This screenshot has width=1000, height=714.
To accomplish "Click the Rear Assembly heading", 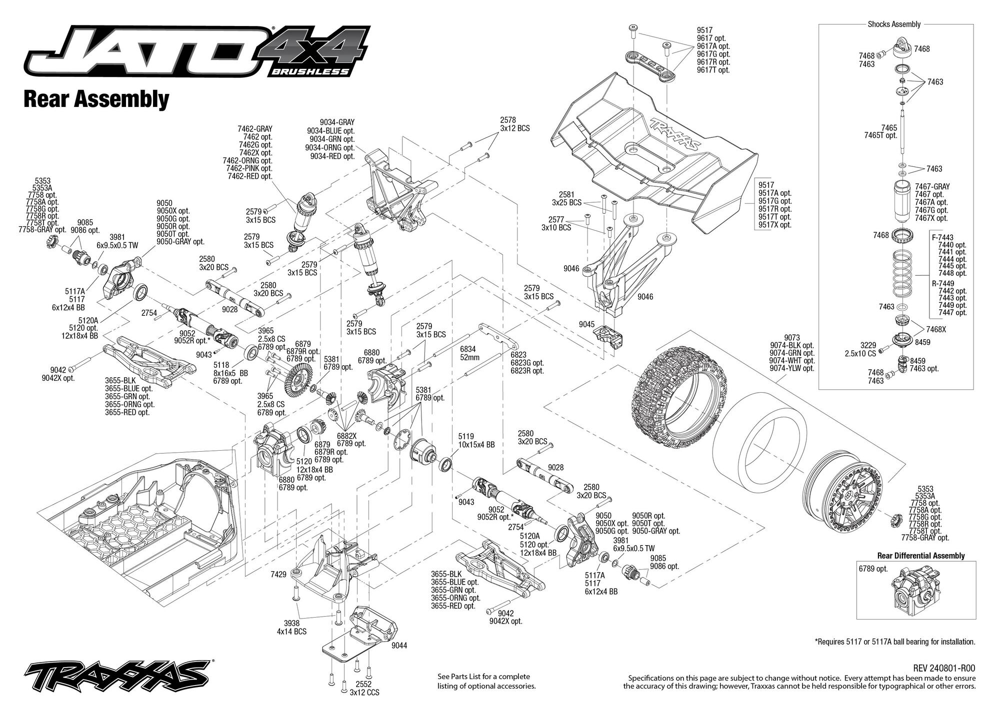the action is [96, 99].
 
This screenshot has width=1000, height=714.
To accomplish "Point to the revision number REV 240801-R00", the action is [944, 669].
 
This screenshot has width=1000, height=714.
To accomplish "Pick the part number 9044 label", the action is [399, 646].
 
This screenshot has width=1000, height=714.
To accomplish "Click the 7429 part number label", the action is [278, 575].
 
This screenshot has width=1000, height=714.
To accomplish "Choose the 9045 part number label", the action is [586, 324].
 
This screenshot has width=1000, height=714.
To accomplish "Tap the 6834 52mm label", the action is [469, 353].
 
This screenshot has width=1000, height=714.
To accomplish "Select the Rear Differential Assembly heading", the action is [921, 556].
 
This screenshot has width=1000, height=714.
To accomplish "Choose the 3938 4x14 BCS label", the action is [295, 628].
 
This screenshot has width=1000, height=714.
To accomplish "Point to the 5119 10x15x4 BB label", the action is [476, 440].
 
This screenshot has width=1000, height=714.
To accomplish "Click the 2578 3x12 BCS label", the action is [514, 124].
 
